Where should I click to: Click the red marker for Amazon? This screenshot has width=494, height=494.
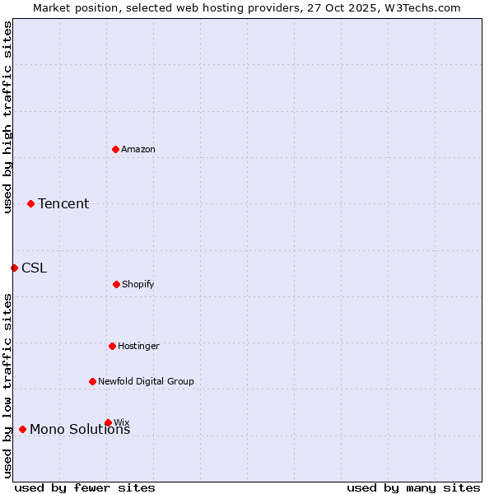click(116, 149)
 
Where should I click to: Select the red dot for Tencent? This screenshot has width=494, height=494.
click(31, 203)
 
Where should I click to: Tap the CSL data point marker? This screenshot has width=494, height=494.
click(14, 268)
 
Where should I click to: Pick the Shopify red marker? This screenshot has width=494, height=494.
click(116, 284)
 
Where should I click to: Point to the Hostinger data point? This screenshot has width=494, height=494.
click(112, 346)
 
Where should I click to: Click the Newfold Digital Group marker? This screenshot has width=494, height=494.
click(92, 381)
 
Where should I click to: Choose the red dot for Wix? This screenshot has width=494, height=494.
click(108, 422)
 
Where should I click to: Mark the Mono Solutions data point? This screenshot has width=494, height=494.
click(22, 429)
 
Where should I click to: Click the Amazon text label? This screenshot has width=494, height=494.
click(138, 149)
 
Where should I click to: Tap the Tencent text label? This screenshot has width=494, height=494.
click(63, 203)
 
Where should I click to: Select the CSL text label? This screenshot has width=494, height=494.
click(35, 268)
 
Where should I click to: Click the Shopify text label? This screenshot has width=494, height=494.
click(138, 284)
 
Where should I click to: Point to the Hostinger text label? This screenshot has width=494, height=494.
click(138, 346)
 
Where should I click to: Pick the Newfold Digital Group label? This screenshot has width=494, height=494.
click(146, 381)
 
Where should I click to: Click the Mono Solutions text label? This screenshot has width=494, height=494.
click(80, 430)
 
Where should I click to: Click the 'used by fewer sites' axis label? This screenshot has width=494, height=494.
click(85, 487)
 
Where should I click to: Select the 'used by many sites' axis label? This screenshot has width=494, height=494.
click(413, 487)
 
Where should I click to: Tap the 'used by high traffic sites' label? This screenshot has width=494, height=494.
click(7, 117)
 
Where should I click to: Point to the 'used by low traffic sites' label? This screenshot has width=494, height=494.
click(7, 384)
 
